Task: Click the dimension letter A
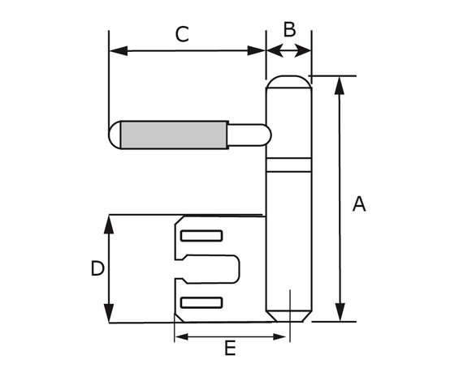coord(359,204)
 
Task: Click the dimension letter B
coord(289,30)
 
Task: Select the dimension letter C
coord(182,34)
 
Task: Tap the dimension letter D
coord(97,268)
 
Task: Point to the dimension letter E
coord(230,349)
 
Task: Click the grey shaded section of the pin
coord(175,135)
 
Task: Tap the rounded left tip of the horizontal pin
coord(115,135)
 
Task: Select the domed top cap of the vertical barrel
coord(289,82)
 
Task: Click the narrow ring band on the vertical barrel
coord(289,165)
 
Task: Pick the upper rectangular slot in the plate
coord(201,236)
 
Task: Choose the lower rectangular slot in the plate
coord(201,302)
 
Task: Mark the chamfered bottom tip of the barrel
coord(289,316)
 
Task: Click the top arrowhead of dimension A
coord(340,86)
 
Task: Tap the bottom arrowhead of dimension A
coord(340,312)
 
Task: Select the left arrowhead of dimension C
coord(119,51)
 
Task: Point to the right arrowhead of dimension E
coord(279,336)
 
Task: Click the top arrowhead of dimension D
coord(109,225)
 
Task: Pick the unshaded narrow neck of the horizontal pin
coord(249,135)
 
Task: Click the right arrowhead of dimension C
coord(257,51)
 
